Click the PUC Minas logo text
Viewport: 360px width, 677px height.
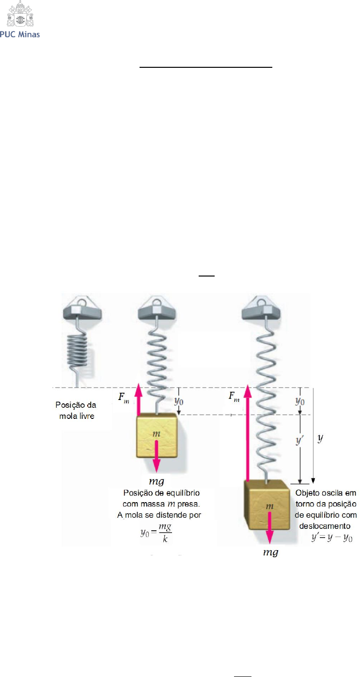click(20, 34)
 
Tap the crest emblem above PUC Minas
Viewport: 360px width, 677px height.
click(20, 14)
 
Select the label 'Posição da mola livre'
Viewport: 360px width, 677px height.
click(76, 410)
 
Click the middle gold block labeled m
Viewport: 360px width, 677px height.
click(157, 435)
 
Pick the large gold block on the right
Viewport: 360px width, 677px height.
click(267, 505)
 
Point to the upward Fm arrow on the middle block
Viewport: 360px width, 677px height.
click(138, 399)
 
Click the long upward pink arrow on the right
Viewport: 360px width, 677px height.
click(248, 432)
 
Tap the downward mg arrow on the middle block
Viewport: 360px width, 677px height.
click(156, 456)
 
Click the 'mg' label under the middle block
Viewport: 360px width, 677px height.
click(157, 481)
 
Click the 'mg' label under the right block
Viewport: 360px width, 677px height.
click(270, 553)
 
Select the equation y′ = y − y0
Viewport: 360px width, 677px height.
click(332, 538)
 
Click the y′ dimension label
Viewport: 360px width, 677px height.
click(299, 441)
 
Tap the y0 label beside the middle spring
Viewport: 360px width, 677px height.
click(179, 401)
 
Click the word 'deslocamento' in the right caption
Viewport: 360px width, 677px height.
click(325, 526)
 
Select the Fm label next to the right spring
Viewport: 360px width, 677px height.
click(234, 397)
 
